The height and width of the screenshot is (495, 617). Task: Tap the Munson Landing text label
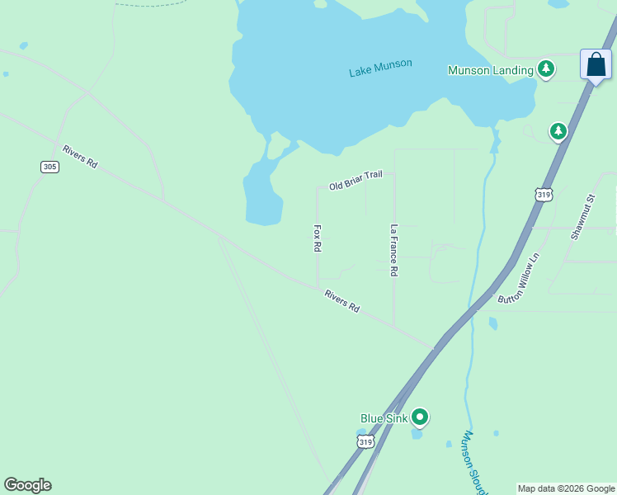click(490, 70)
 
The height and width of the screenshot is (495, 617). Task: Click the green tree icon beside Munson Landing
click(545, 69)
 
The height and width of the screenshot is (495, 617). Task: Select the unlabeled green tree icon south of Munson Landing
click(558, 131)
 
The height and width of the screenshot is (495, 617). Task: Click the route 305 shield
click(49, 167)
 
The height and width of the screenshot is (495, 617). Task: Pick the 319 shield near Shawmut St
click(544, 194)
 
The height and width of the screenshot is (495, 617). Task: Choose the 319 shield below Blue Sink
click(366, 442)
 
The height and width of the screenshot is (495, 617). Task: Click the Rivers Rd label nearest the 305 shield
click(80, 157)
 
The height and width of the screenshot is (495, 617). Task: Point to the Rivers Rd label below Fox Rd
click(341, 301)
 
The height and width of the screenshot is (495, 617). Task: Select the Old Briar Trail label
click(356, 181)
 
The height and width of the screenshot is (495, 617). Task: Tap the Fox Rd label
click(317, 238)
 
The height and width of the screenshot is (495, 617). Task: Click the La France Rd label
click(394, 250)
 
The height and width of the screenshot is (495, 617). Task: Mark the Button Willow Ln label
click(518, 278)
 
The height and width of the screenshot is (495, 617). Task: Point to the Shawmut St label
click(582, 217)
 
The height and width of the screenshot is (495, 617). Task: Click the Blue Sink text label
click(384, 418)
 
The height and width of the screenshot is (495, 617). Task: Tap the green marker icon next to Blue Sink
click(420, 417)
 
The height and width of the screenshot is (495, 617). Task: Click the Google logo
click(27, 485)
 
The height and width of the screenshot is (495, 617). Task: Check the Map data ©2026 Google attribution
click(566, 488)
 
